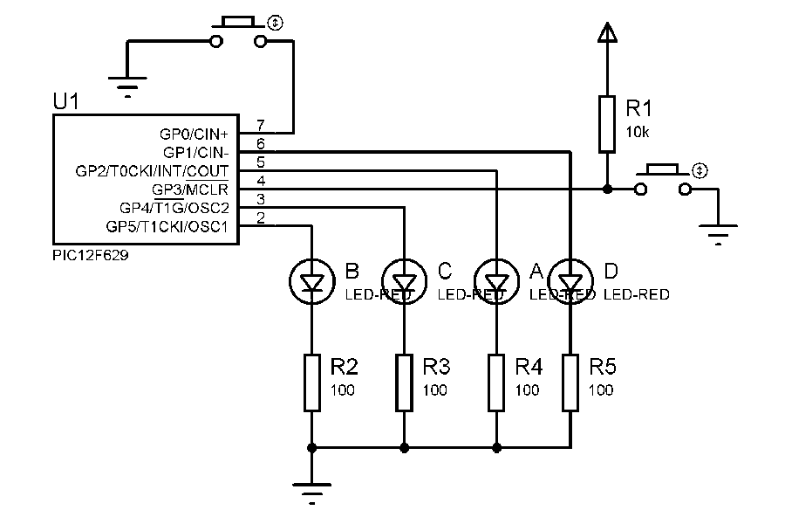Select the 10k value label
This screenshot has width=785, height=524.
[x=638, y=132]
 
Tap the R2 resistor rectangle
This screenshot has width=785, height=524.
[x=311, y=383]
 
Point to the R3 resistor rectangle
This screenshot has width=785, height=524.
[x=404, y=383]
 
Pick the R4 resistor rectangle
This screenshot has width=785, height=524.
[x=496, y=383]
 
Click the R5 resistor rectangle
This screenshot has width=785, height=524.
[x=570, y=383]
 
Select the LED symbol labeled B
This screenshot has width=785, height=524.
[x=311, y=281]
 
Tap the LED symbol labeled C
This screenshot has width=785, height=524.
[x=404, y=281]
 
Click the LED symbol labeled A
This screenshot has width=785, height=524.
[x=496, y=281]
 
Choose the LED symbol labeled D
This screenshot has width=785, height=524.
[x=570, y=281]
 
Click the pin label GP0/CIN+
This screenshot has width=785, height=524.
[x=194, y=135]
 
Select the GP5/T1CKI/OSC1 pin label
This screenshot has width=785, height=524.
[x=167, y=226]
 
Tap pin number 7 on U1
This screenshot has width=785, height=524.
[x=260, y=125]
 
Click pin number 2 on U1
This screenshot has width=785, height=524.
[x=260, y=217]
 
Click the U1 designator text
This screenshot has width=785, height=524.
[x=67, y=102]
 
